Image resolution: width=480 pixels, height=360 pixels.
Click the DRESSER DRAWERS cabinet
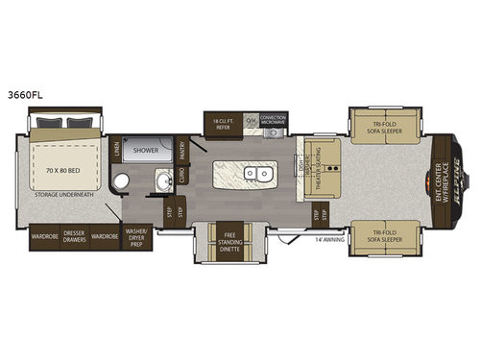click(x=75, y=236)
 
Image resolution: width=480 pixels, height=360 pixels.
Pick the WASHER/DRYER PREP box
click(x=132, y=238)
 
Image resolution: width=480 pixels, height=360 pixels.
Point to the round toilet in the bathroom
click(x=119, y=182)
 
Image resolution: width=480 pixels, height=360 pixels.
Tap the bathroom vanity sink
click(x=162, y=179)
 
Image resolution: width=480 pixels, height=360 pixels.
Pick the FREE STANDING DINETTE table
click(x=231, y=236)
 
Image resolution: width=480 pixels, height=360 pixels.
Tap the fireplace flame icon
click(x=429, y=179)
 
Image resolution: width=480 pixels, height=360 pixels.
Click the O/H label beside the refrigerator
click(x=250, y=121)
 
